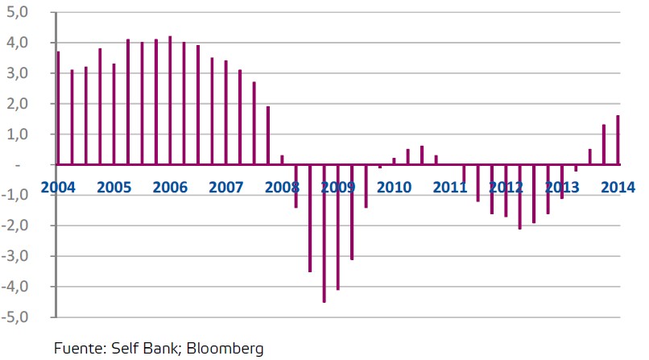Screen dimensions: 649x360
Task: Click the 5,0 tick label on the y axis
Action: pyautogui.click(x=18, y=12)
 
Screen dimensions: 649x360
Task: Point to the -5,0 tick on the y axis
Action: pyautogui.click(x=15, y=317)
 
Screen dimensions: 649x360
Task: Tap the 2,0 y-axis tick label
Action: pyautogui.click(x=18, y=104)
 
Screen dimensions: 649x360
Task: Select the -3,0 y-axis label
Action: pyautogui.click(x=15, y=256)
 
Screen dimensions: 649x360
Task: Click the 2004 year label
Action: pyautogui.click(x=58, y=188)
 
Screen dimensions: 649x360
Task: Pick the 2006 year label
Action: pyautogui.click(x=170, y=188)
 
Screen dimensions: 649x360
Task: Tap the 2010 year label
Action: pyautogui.click(x=394, y=188)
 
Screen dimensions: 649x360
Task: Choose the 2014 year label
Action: pyautogui.click(x=618, y=188)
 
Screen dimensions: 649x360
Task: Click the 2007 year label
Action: pyautogui.click(x=226, y=188)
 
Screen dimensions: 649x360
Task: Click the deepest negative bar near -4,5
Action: pyautogui.click(x=324, y=234)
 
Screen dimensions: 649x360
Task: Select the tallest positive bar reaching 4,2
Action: pyautogui.click(x=170, y=101)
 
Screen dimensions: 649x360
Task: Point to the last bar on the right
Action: pyautogui.click(x=618, y=140)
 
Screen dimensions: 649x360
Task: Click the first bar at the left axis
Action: pyautogui.click(x=58, y=108)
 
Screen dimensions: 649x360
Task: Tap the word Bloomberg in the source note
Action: pyautogui.click(x=225, y=349)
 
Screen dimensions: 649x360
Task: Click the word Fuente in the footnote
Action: pyautogui.click(x=79, y=348)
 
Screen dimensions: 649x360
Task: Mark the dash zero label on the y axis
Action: pyautogui.click(x=18, y=165)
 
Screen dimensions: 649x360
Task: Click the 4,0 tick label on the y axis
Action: pyautogui.click(x=18, y=43)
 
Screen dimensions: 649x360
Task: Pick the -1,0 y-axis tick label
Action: pyautogui.click(x=15, y=195)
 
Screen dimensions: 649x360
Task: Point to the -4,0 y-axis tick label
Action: pyautogui.click(x=15, y=287)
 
